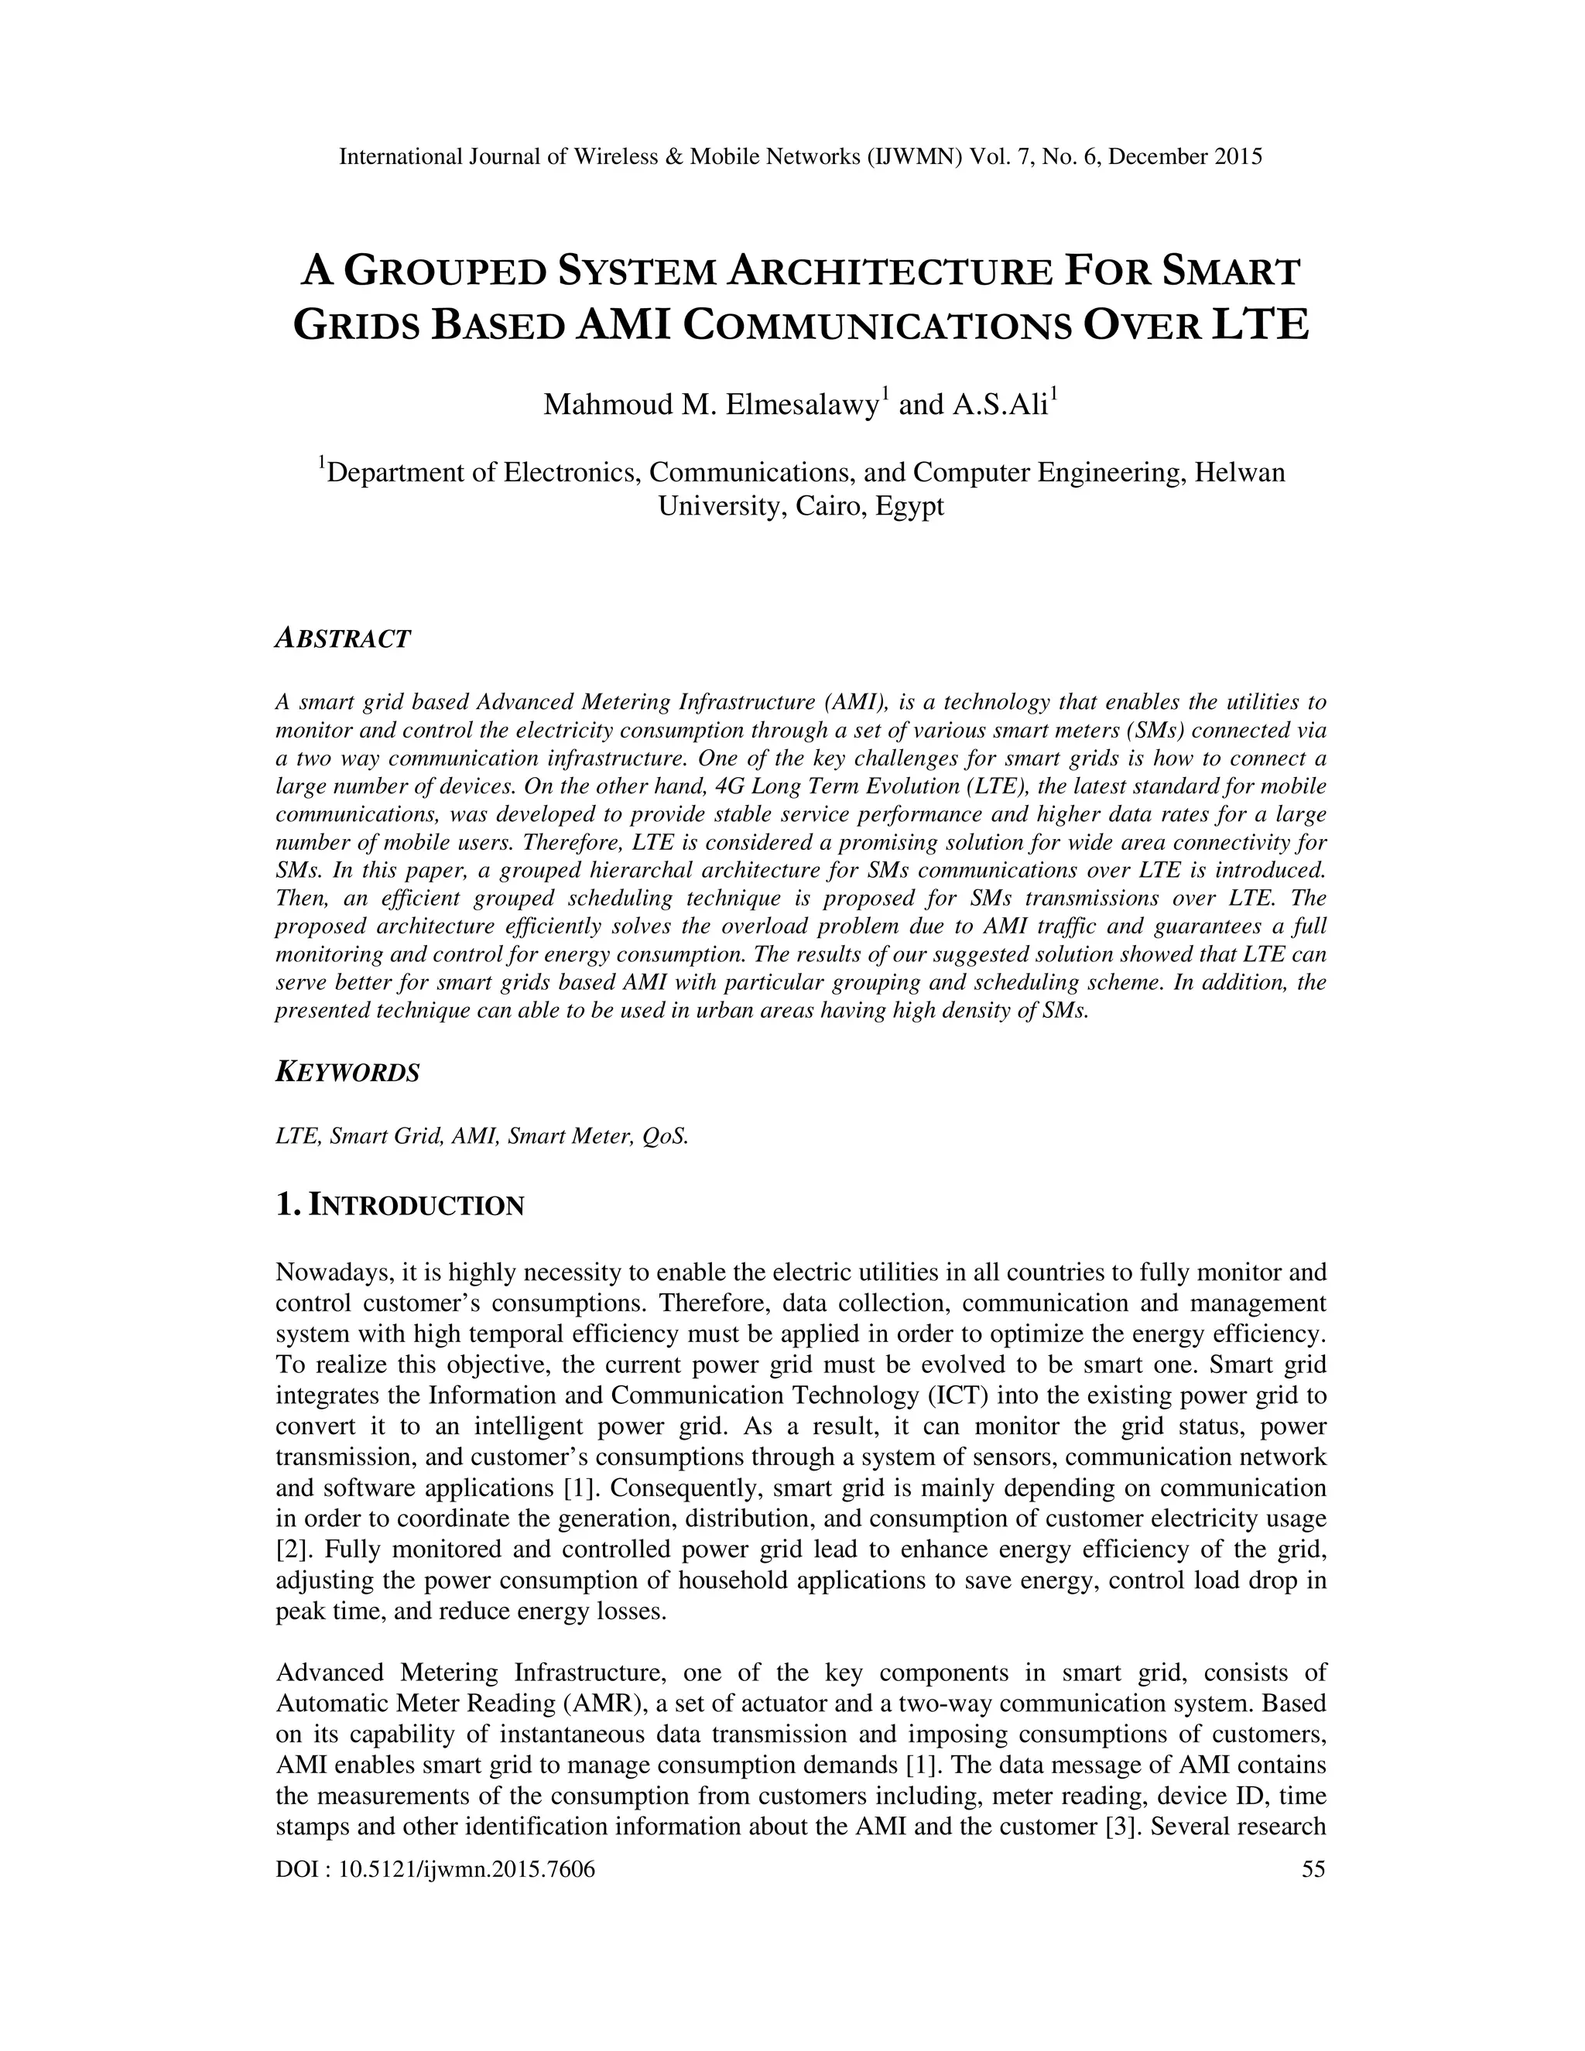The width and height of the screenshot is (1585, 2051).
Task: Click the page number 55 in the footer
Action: click(x=1313, y=1870)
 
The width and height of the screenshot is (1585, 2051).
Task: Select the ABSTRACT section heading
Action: click(x=343, y=639)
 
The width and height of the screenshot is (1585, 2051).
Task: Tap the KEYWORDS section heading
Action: click(x=347, y=1073)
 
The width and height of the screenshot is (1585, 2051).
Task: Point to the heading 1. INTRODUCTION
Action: click(x=400, y=1205)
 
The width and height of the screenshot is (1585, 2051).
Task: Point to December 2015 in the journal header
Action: click(x=1185, y=157)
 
